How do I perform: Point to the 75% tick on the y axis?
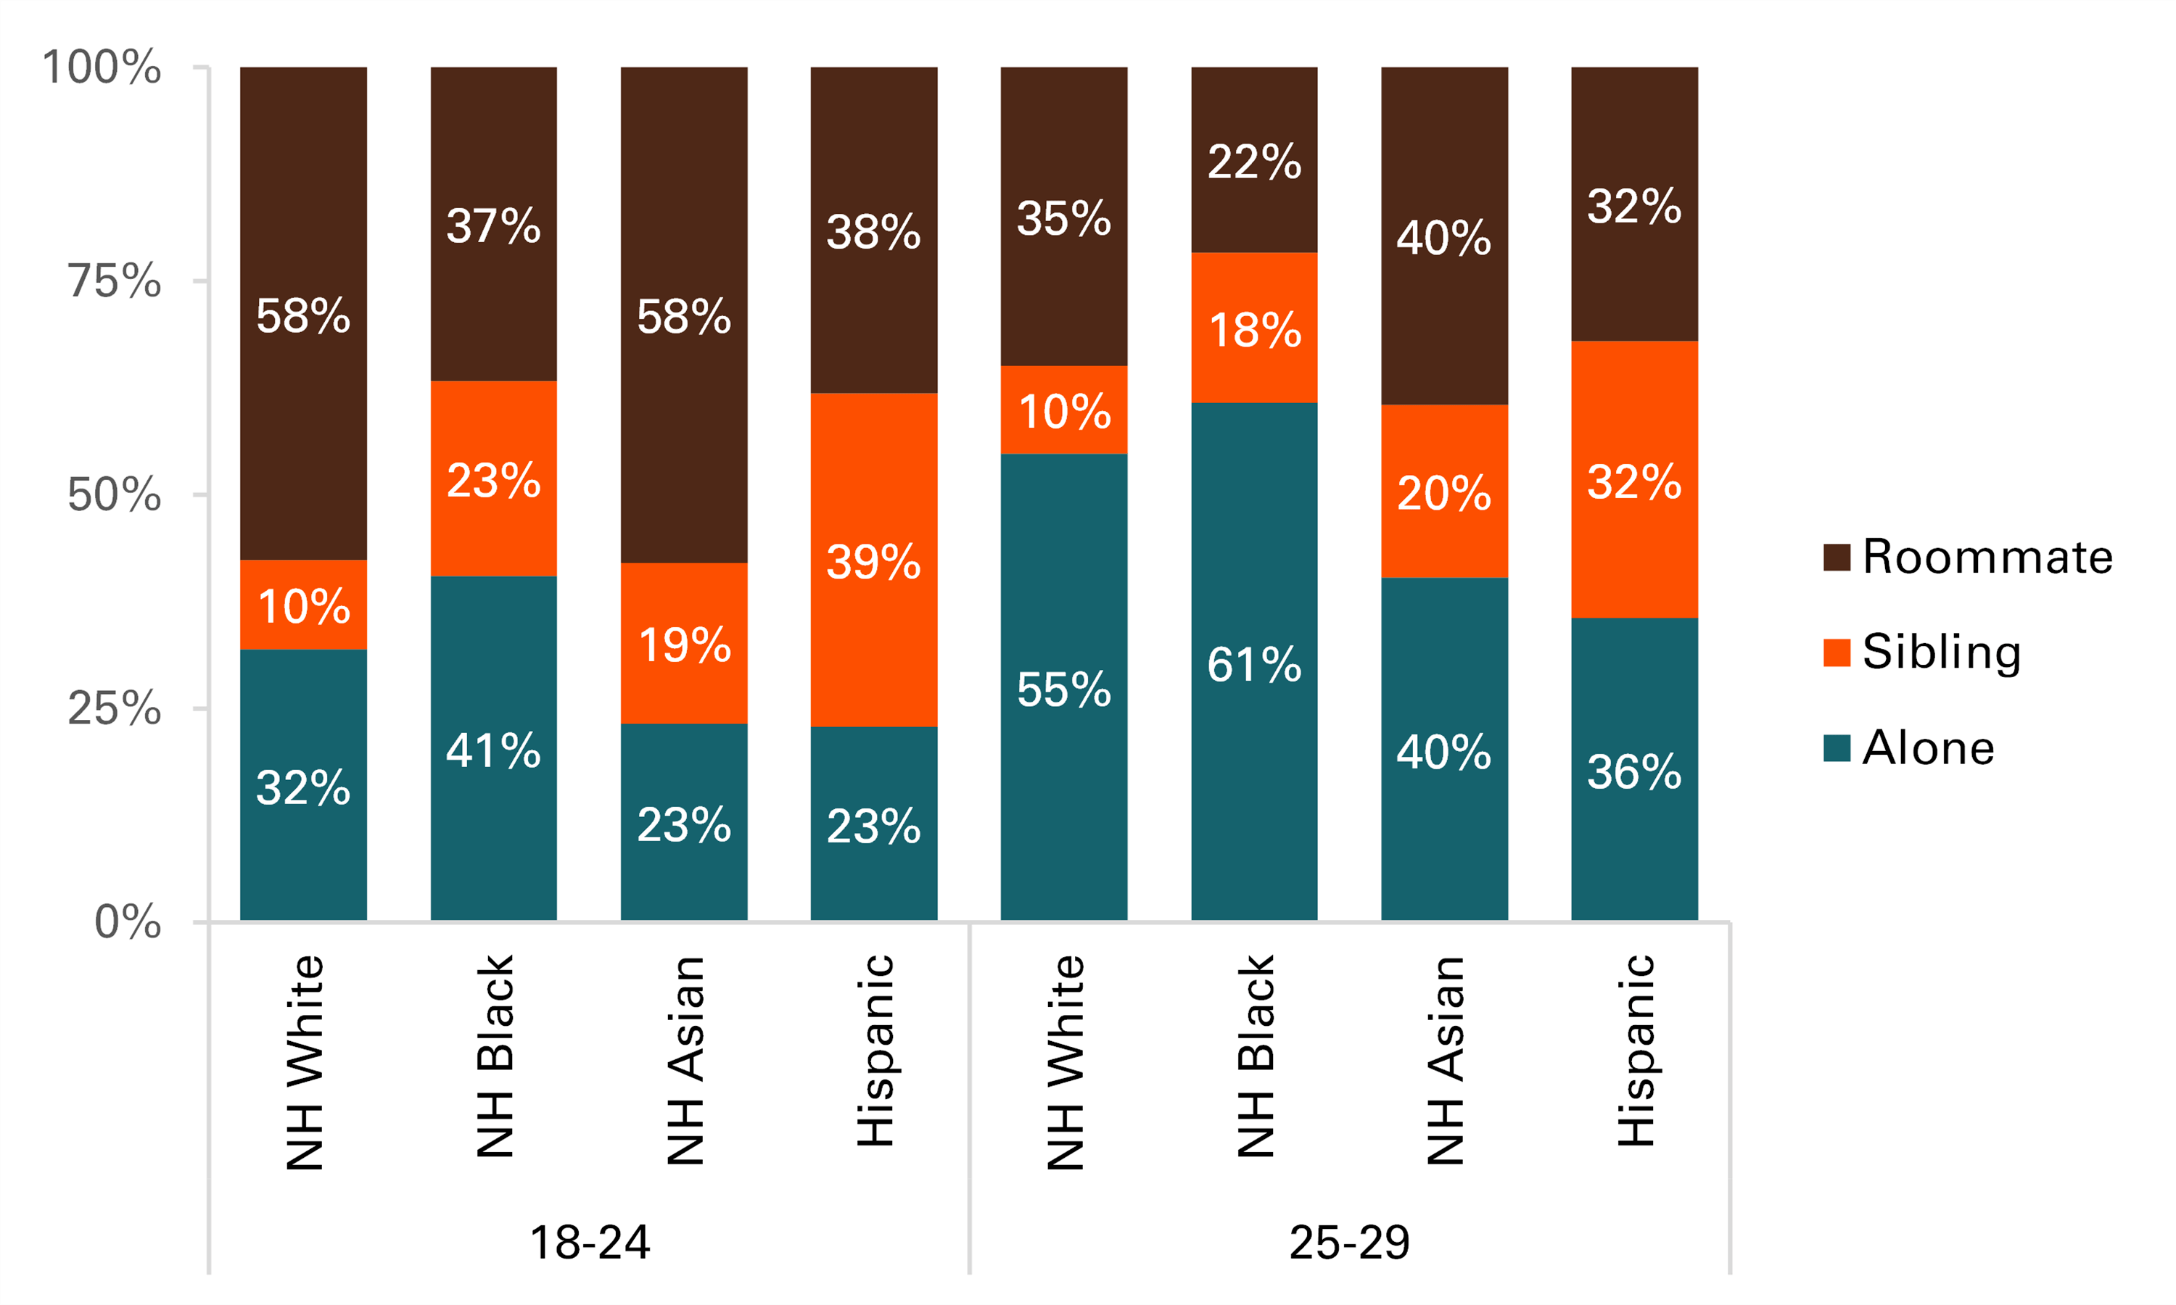click(x=115, y=281)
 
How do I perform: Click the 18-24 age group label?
click(x=589, y=1242)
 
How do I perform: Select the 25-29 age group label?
click(x=1349, y=1242)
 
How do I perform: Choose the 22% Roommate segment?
click(x=1254, y=160)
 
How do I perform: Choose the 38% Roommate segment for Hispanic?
click(x=873, y=231)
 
